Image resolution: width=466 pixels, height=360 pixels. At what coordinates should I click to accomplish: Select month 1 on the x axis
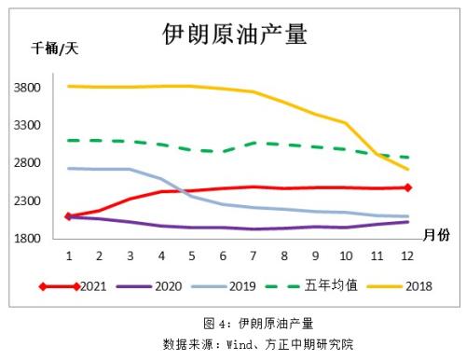pos(68,254)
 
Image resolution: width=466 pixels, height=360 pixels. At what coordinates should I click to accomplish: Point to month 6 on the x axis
pos(222,254)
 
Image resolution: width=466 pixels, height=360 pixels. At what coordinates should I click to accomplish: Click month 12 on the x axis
pos(406,254)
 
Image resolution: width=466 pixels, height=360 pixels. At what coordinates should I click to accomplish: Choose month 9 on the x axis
pos(314,254)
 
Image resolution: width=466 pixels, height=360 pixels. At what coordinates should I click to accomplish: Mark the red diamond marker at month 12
pos(407,187)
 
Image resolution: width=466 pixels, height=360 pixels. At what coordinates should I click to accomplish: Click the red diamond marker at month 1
pos(68,215)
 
